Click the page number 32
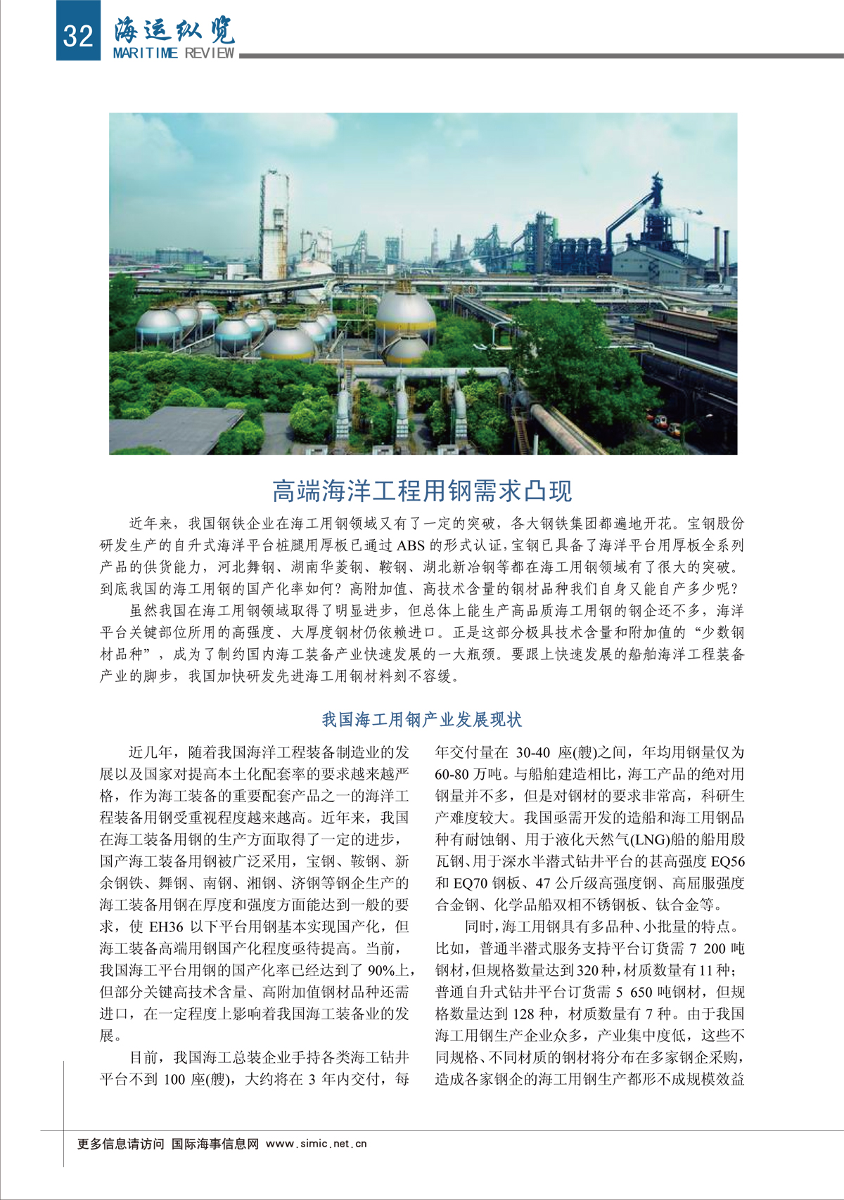(77, 33)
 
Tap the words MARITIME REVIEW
(174, 53)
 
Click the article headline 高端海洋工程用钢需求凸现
(422, 491)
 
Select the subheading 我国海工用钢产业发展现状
(422, 719)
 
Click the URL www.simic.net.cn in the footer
(316, 1144)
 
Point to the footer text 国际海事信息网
(215, 1144)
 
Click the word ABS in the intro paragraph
(411, 546)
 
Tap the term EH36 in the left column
(166, 927)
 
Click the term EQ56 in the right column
(727, 861)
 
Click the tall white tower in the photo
(274, 225)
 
